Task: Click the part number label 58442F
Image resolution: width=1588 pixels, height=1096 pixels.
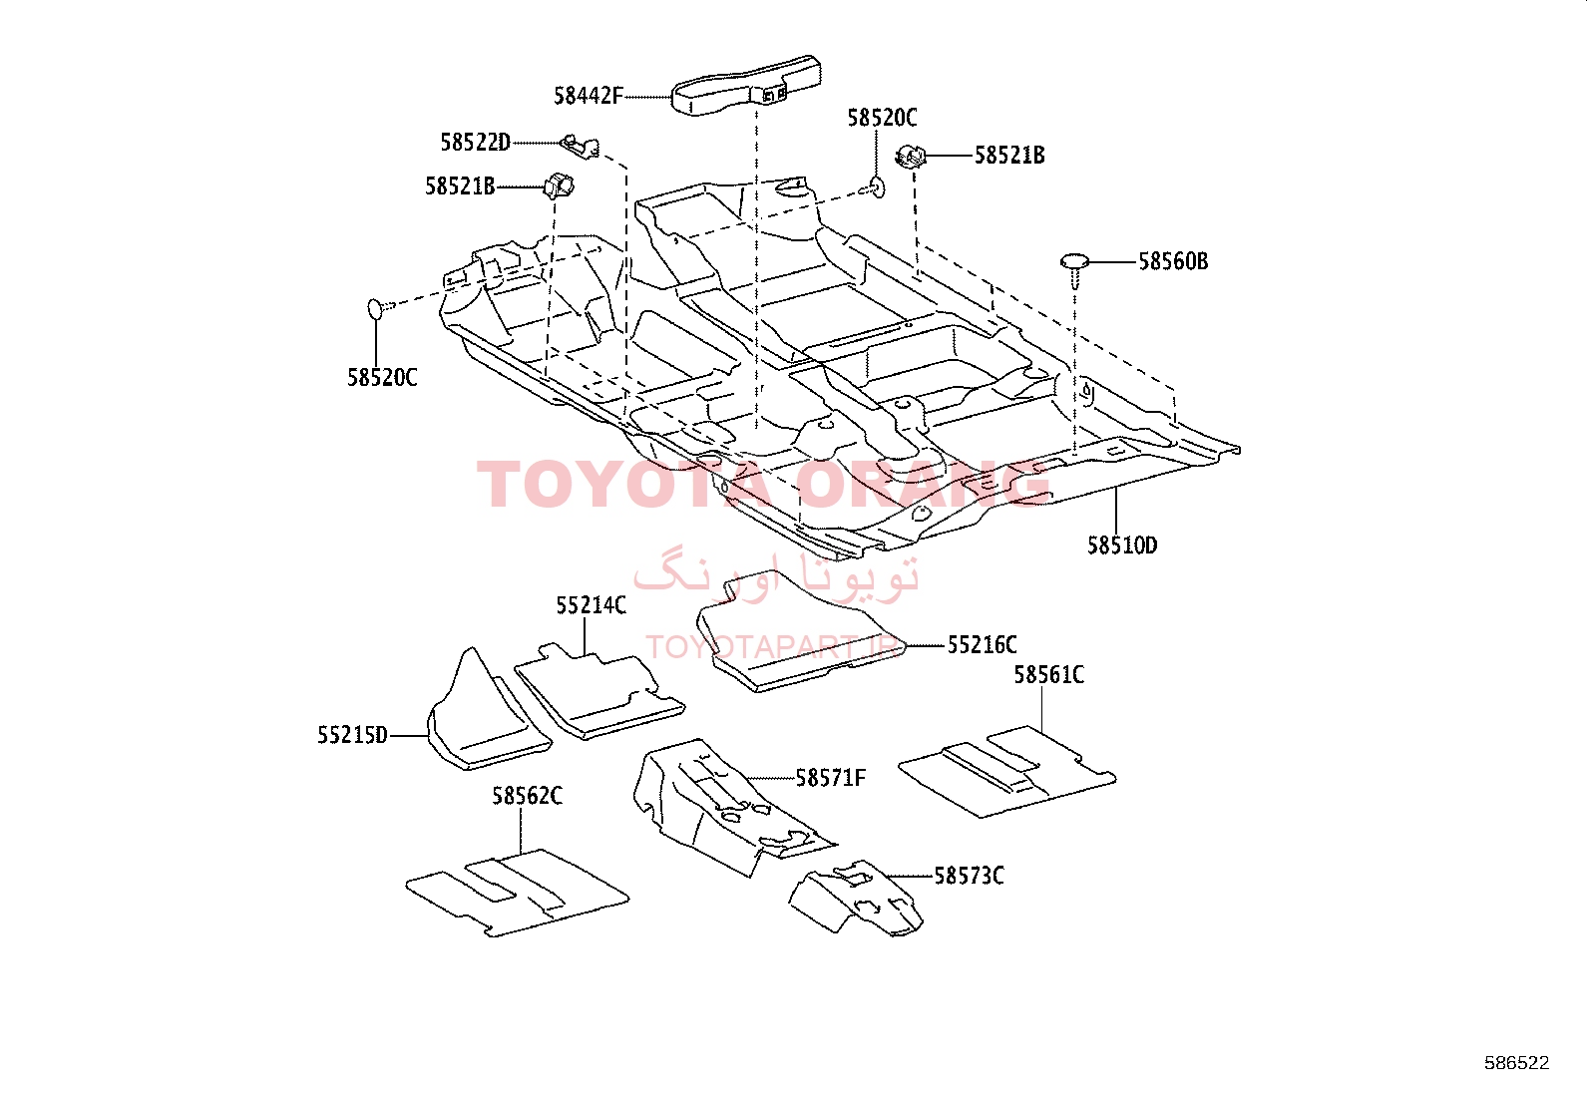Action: coord(588,96)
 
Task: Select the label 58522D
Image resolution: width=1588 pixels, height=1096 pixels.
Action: coord(475,143)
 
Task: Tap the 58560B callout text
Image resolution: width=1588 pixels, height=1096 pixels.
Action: coord(1173,261)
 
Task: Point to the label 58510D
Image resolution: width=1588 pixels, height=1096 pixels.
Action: coord(1122,546)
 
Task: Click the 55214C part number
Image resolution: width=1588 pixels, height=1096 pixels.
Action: coord(591,605)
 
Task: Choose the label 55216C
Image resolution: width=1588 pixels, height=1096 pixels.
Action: coord(982,645)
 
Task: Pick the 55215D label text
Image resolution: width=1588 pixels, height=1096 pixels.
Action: coord(352,735)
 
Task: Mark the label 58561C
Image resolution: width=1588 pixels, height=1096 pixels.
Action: coord(1048,675)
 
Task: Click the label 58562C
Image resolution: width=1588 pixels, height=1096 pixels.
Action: coord(527,796)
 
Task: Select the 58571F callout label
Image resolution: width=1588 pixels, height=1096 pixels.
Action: coord(830,778)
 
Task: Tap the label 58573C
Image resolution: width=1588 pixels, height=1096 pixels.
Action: coord(969,877)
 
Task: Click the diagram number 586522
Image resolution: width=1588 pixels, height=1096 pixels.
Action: coord(1516,1063)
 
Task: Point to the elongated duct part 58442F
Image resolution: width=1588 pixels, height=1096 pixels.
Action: coord(746,85)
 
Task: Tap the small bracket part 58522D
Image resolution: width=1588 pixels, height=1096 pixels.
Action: coord(580,147)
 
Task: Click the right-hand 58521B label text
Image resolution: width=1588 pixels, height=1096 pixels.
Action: coord(1008,156)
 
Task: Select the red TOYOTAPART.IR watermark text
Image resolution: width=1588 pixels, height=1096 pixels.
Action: coord(773,646)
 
